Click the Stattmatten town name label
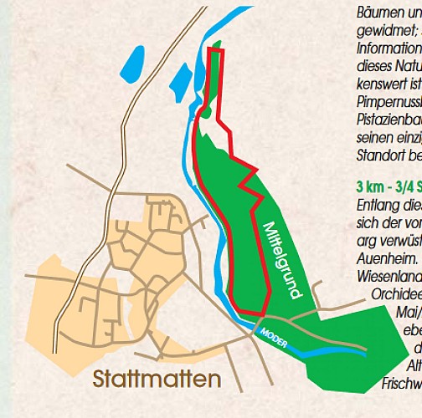click(158, 379)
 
